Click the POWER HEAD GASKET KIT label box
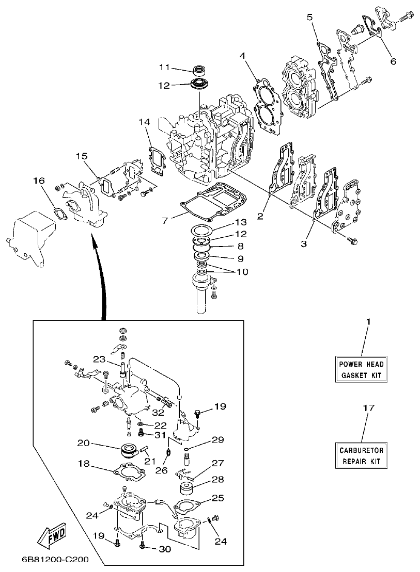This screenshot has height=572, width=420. (x=362, y=369)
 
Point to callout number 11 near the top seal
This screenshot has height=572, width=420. (x=164, y=68)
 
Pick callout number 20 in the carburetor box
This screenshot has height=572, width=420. (x=83, y=443)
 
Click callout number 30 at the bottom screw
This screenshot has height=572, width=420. (x=164, y=549)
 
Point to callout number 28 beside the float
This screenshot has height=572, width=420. (x=217, y=479)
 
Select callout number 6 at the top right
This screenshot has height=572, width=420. (x=393, y=61)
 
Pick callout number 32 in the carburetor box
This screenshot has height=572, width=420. (x=159, y=413)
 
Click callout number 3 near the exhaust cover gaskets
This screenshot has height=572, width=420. (x=304, y=242)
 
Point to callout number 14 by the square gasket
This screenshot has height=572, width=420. (x=144, y=122)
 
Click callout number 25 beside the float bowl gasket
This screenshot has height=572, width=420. (x=217, y=498)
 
